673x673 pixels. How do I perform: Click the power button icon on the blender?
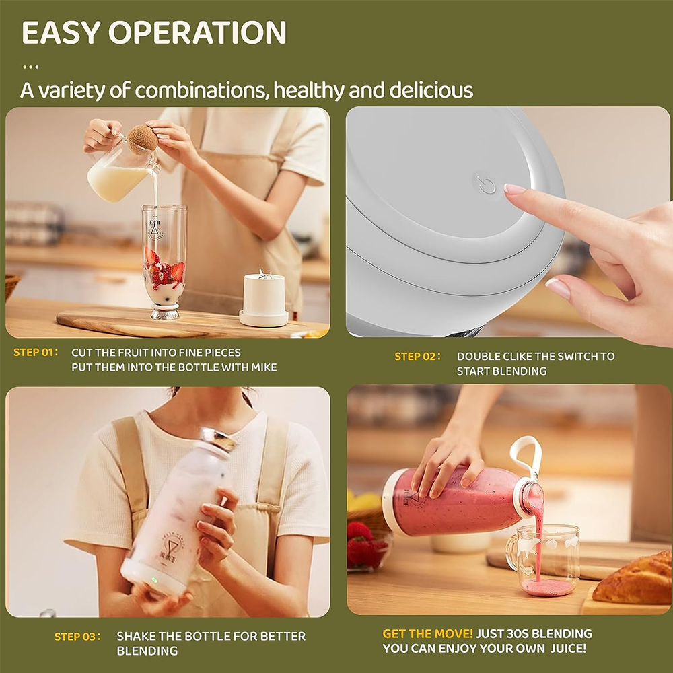[x=487, y=186]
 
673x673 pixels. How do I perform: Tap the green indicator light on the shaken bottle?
[x=154, y=580]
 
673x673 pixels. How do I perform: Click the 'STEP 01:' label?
[x=36, y=353]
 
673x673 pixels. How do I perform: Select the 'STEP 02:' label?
[x=417, y=357]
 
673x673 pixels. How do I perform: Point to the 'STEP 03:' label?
[x=77, y=637]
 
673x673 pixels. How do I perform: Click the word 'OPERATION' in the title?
[x=197, y=32]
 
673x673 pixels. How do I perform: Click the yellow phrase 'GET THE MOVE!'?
[x=427, y=633]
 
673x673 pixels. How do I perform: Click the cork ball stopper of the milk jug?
[x=143, y=139]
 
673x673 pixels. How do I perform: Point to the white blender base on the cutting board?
[x=264, y=299]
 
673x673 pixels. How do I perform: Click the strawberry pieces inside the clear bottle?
[x=166, y=269]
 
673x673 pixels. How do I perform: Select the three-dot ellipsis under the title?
[x=30, y=67]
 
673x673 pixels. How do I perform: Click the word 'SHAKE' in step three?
[x=133, y=636]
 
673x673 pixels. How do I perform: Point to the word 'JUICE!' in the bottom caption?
[x=568, y=649]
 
